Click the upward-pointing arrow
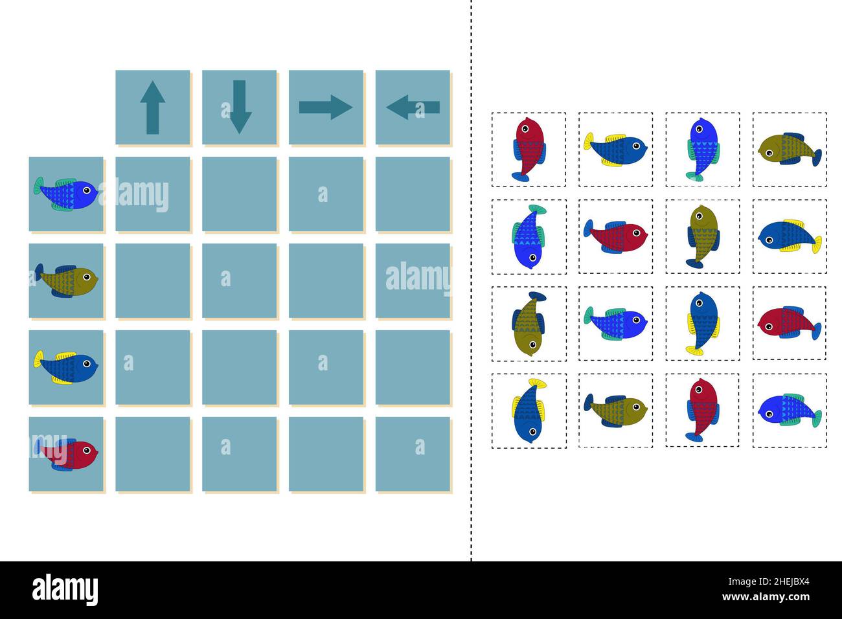153,107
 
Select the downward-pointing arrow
240,107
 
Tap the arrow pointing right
326,107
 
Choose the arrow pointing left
413,107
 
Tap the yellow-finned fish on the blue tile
67,366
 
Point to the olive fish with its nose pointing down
529,323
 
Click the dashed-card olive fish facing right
615,409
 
